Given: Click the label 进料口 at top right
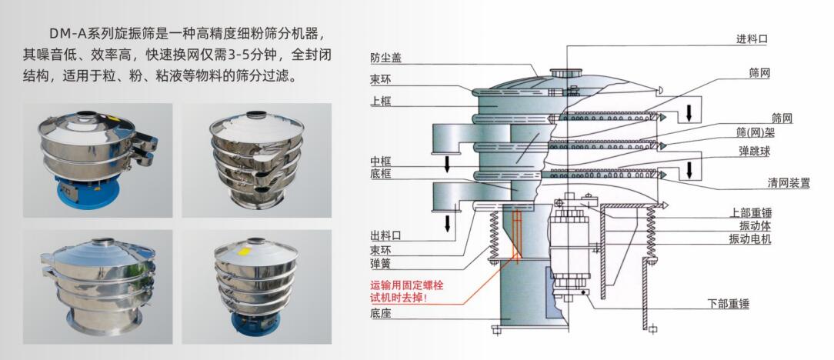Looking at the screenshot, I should click(752, 38).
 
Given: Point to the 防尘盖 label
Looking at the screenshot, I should click(385, 58).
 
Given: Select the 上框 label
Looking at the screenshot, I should click(380, 101).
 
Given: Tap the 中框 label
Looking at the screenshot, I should click(380, 161).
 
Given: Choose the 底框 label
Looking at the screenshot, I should click(380, 175).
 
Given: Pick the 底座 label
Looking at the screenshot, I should click(380, 313).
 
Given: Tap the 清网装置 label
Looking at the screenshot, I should click(789, 183).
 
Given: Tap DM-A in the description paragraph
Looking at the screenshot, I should click(68, 35).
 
